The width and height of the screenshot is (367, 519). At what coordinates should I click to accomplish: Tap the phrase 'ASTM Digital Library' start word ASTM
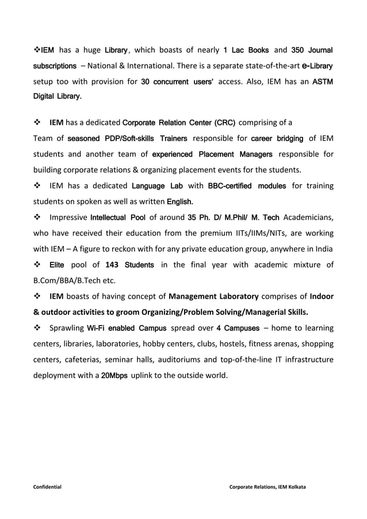click(321, 83)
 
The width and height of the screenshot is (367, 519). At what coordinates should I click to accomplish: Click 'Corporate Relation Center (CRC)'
click(179, 123)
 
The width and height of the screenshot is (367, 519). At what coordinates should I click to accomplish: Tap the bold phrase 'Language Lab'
click(154, 186)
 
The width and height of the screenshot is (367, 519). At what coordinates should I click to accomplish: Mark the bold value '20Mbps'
click(114, 376)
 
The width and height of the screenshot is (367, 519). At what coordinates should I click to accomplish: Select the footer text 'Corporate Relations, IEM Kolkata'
click(267, 487)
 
